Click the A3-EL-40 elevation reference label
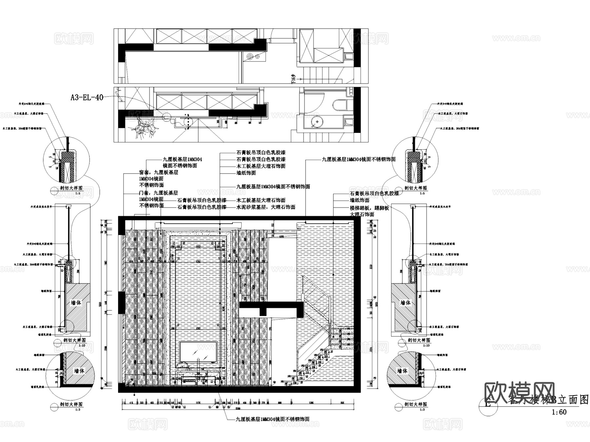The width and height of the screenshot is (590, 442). tap(87, 97)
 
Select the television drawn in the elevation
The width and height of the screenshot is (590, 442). tap(198, 352)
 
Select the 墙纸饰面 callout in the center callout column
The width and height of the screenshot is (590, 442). tap(246, 173)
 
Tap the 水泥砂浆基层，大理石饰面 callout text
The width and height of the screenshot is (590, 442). tap(266, 207)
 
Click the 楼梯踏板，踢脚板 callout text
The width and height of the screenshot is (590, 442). tap(369, 208)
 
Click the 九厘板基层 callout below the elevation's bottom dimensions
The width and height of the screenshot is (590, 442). tap(272, 419)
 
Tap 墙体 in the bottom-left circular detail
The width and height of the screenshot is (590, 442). tap(79, 371)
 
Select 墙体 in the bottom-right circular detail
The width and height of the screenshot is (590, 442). tap(402, 371)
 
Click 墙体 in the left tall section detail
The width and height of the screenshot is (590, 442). tap(76, 302)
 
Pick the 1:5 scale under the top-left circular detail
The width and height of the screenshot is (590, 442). tap(78, 194)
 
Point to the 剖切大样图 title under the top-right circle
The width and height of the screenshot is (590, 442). tap(415, 188)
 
